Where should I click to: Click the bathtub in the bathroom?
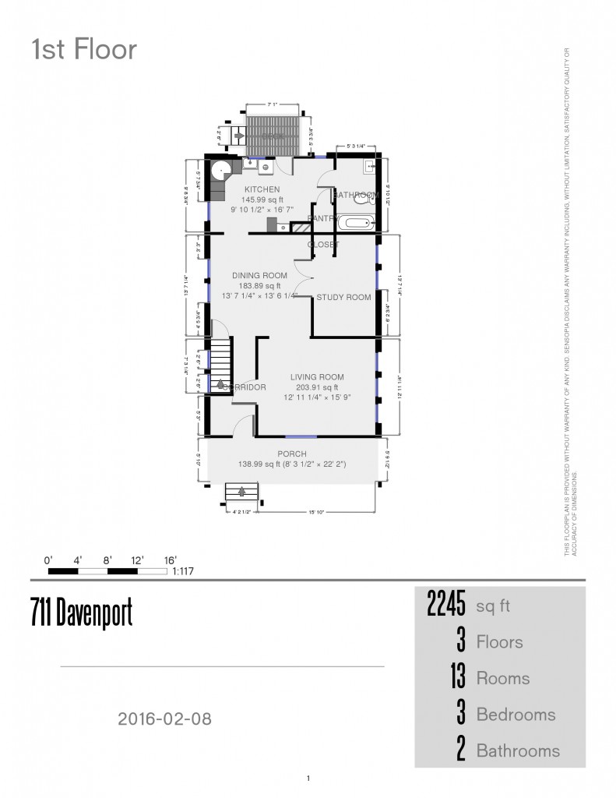(x=357, y=223)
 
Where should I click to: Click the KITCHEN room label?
(x=262, y=190)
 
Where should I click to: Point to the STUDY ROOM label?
(x=343, y=297)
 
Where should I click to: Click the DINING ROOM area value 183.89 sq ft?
(x=259, y=286)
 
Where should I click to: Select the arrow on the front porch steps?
(x=242, y=492)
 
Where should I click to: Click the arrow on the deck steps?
(x=239, y=136)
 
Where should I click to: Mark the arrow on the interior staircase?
(x=220, y=383)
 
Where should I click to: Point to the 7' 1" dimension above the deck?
(x=273, y=104)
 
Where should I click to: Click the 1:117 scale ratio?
(x=183, y=571)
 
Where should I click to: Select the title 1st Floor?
(x=84, y=50)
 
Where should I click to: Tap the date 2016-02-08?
(x=164, y=719)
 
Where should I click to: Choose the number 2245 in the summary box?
(x=446, y=605)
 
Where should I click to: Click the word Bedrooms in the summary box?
(x=516, y=715)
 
